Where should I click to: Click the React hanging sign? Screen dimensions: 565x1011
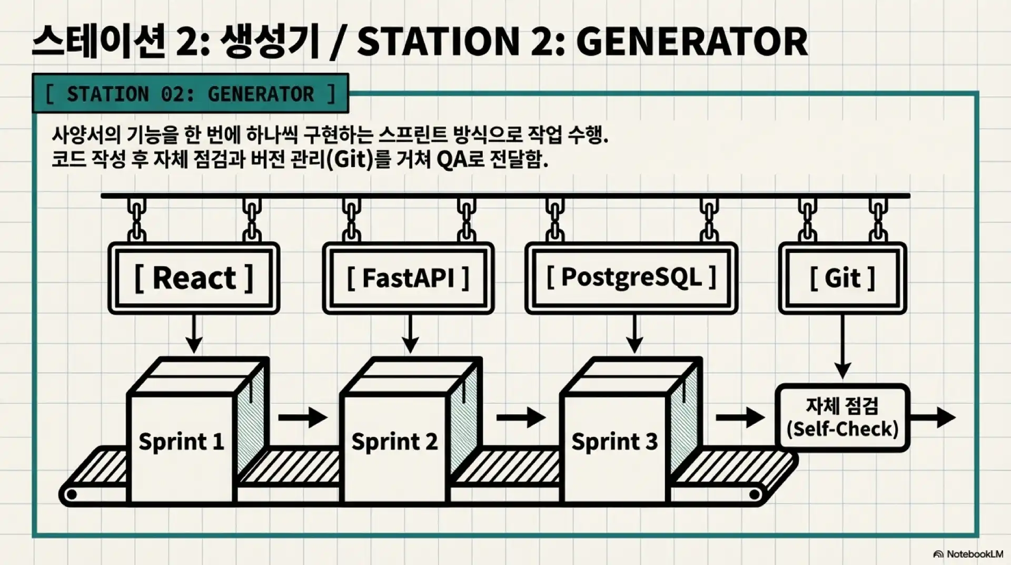coord(194,278)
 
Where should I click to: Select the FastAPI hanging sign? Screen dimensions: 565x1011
coord(408,278)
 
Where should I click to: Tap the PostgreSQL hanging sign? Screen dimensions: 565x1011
coord(631,278)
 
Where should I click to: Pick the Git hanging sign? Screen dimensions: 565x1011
coord(842,278)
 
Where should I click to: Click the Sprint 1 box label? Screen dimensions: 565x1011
coord(181,442)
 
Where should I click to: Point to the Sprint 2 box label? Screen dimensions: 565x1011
coord(394,442)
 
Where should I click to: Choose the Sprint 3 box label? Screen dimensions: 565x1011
coord(614,442)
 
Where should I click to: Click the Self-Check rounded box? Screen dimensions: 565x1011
coord(842,417)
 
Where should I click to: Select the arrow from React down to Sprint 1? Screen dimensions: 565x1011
coord(194,334)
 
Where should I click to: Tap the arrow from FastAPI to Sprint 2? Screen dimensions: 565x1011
coord(410,334)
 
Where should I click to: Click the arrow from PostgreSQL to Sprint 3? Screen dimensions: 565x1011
coord(635,334)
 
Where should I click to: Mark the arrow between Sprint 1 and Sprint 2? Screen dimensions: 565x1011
coord(303,417)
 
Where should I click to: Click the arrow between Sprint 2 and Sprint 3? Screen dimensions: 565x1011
coord(521,417)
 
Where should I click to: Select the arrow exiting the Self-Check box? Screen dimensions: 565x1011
coord(933,417)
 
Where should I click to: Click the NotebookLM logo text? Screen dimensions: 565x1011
coord(974,554)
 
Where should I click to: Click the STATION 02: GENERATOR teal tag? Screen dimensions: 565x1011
coord(190,94)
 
